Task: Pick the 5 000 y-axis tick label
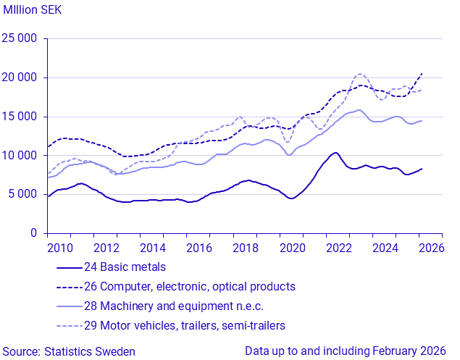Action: (x=23, y=194)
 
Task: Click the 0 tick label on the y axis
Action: (x=33, y=233)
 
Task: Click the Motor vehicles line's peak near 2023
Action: (x=360, y=74)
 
